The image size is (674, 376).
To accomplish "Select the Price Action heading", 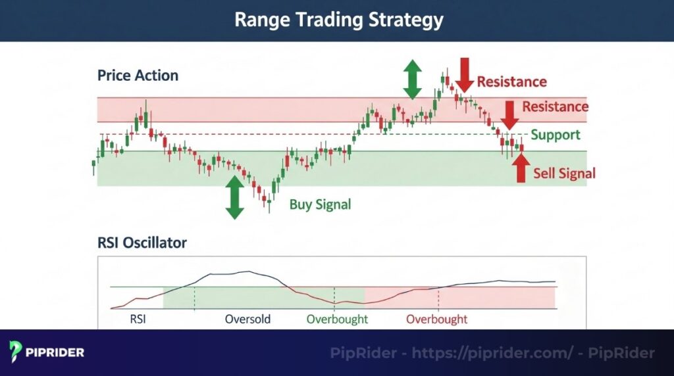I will (138, 76).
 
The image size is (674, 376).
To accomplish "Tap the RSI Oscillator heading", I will (142, 243).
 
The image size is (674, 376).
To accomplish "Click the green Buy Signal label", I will (320, 204).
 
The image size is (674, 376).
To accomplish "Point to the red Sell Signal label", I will (564, 174).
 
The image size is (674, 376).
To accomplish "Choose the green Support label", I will (556, 135).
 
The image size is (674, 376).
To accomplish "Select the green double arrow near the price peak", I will (413, 78).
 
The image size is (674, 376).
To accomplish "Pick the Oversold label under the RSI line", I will (247, 320).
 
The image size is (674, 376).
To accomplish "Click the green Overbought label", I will (337, 320).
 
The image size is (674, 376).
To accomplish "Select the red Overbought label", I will (436, 320).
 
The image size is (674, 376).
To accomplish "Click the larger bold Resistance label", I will (511, 82).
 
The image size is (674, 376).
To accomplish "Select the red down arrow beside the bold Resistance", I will (464, 74).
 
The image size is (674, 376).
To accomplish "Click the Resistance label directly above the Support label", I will (555, 106).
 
